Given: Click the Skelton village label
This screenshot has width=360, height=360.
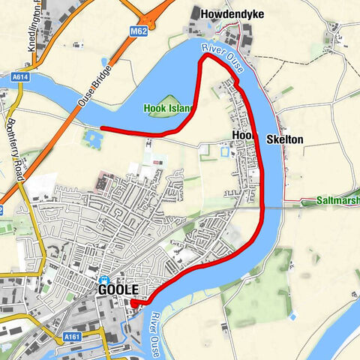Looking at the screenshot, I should pos(285,139).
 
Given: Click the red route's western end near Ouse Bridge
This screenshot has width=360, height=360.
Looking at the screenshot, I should pos(102,129).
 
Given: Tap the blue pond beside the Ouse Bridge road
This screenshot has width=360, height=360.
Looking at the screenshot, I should pos(93,137).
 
